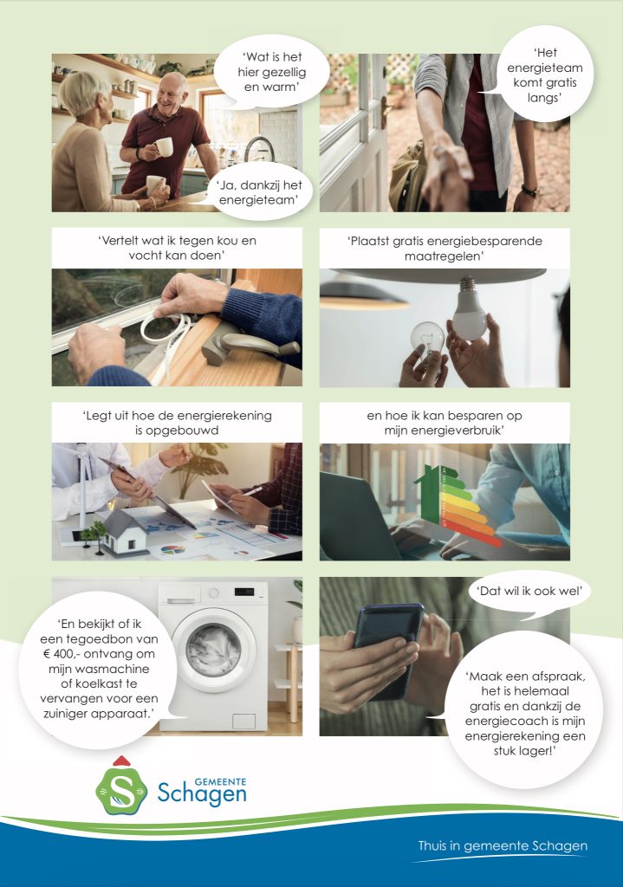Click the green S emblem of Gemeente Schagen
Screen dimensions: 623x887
121,789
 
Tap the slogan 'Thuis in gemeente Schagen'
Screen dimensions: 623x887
503,845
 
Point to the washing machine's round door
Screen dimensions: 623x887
214,650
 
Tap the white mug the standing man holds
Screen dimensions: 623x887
164,147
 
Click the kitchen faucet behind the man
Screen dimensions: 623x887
258,148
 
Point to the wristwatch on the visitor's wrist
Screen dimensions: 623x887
529,191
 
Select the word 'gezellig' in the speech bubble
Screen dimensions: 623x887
271,73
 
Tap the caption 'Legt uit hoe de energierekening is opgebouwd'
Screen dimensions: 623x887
177,423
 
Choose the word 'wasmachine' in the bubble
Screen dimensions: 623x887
99,669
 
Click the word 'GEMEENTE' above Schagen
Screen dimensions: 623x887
220,782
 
